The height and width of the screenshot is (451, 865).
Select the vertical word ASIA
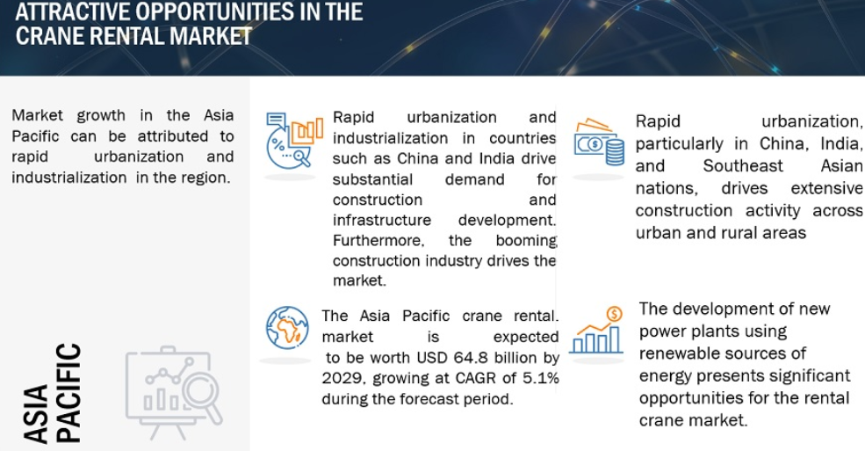pos(36,414)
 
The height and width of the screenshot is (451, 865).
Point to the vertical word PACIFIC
pos(69,393)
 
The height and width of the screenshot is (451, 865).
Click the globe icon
pos(287,328)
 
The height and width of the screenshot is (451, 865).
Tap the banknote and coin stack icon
pos(599,142)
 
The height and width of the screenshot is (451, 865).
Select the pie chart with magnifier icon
pos(293,140)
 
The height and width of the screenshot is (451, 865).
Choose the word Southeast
pos(743,165)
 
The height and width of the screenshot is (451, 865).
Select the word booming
pos(526,241)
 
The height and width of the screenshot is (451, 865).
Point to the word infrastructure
pos(382,221)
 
